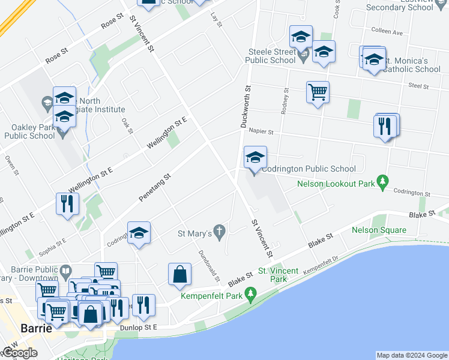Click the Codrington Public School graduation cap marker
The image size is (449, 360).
coord(255,158)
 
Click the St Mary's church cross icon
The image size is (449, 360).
coord(220,232)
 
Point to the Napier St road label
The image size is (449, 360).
coord(261,131)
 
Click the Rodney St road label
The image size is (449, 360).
coord(285,100)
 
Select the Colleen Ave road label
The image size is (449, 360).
coord(386,32)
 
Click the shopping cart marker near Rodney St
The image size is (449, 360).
coord(318,92)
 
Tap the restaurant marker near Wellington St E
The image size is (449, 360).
coord(67,203)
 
